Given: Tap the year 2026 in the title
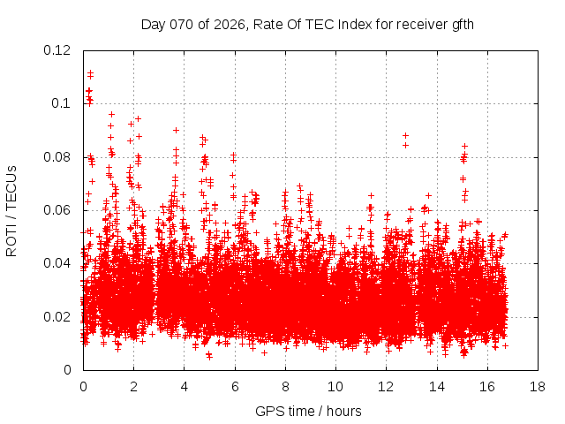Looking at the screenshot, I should click(x=229, y=25).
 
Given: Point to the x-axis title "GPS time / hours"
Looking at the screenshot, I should click(x=308, y=411).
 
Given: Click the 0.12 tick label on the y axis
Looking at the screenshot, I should click(x=58, y=50).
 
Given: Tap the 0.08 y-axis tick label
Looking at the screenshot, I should click(x=58, y=157).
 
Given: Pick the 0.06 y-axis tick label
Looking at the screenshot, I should click(x=58, y=210).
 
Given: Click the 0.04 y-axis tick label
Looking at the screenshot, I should click(x=58, y=263).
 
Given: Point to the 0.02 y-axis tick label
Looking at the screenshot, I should click(x=58, y=317).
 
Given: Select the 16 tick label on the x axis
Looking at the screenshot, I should click(x=487, y=387).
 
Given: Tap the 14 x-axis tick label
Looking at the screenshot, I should click(x=436, y=387).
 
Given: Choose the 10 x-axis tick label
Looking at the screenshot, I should click(x=335, y=387).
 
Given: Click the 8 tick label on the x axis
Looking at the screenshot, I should click(x=285, y=387).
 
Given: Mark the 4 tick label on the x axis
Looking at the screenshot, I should click(x=184, y=387).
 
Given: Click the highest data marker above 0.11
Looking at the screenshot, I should click(x=90, y=72).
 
